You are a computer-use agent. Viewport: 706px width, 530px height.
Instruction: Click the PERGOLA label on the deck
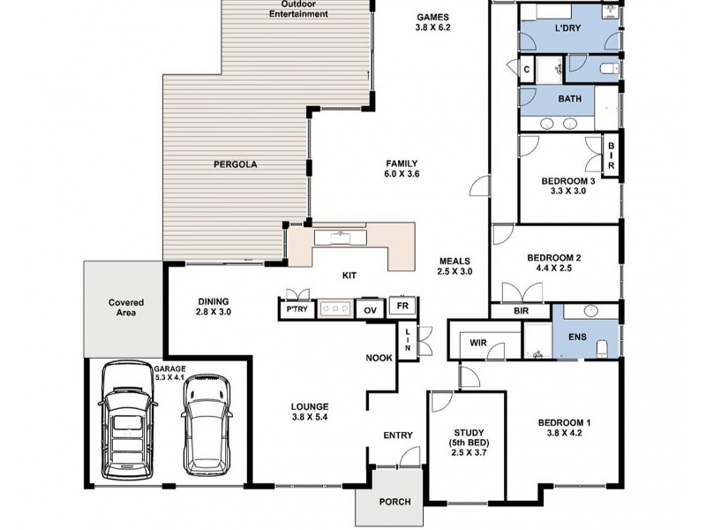pos(235,164)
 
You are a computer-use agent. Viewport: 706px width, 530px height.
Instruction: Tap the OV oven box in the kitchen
pos(370,309)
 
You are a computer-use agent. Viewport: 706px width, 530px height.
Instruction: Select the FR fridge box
pos(402,307)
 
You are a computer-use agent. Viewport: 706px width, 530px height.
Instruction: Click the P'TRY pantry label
pos(297,309)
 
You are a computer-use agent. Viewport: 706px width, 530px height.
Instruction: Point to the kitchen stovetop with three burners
pos(335,308)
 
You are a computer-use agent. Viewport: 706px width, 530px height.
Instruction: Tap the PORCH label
pos(394,502)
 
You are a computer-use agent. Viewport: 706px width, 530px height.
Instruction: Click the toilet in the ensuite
pos(602,349)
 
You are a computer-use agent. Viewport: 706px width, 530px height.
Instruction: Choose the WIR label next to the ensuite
pos(477,343)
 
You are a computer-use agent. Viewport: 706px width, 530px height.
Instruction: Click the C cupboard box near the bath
pos(526,70)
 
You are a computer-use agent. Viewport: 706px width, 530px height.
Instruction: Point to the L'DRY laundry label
pos(567,28)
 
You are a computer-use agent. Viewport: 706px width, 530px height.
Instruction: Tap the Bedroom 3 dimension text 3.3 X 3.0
pos(567,191)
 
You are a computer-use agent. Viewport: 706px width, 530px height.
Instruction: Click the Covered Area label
pos(126,307)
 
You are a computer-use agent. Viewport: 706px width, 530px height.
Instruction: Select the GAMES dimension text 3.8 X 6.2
pos(432,27)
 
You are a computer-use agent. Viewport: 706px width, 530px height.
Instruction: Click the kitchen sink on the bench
pos(341,237)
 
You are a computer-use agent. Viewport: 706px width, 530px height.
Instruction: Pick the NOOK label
pos(379,358)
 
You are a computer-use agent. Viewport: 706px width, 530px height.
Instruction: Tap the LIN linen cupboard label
pos(408,340)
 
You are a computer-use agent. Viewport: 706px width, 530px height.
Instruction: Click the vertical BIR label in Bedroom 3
pos(611,155)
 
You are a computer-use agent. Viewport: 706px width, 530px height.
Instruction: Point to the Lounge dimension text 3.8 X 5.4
pos(310,417)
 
